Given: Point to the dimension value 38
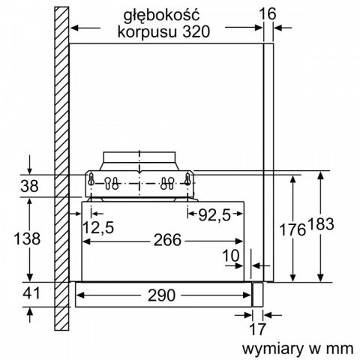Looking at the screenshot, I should coord(29,185).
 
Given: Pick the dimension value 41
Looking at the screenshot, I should coord(29,293).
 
